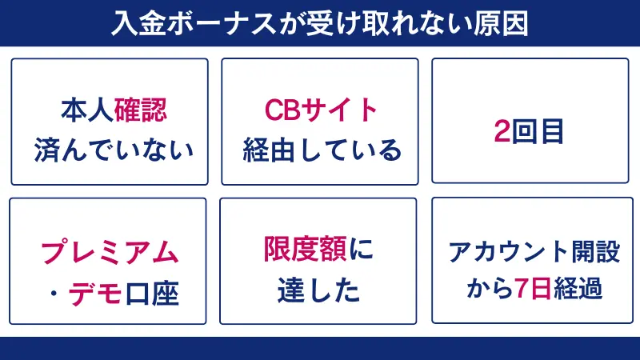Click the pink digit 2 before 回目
pyautogui.click(x=502, y=132)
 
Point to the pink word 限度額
pyautogui.click(x=302, y=251)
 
